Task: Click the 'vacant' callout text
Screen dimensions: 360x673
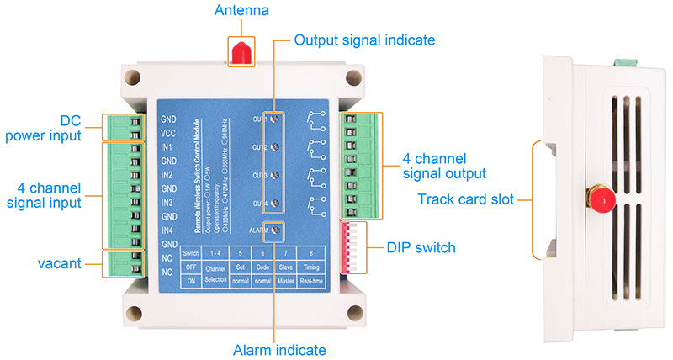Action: tap(58, 263)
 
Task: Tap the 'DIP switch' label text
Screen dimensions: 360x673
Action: tap(422, 247)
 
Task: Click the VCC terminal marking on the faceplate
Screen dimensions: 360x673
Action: tap(167, 133)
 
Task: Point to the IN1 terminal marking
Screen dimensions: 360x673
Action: tap(167, 146)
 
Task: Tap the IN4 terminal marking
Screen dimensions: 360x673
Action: tap(167, 230)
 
